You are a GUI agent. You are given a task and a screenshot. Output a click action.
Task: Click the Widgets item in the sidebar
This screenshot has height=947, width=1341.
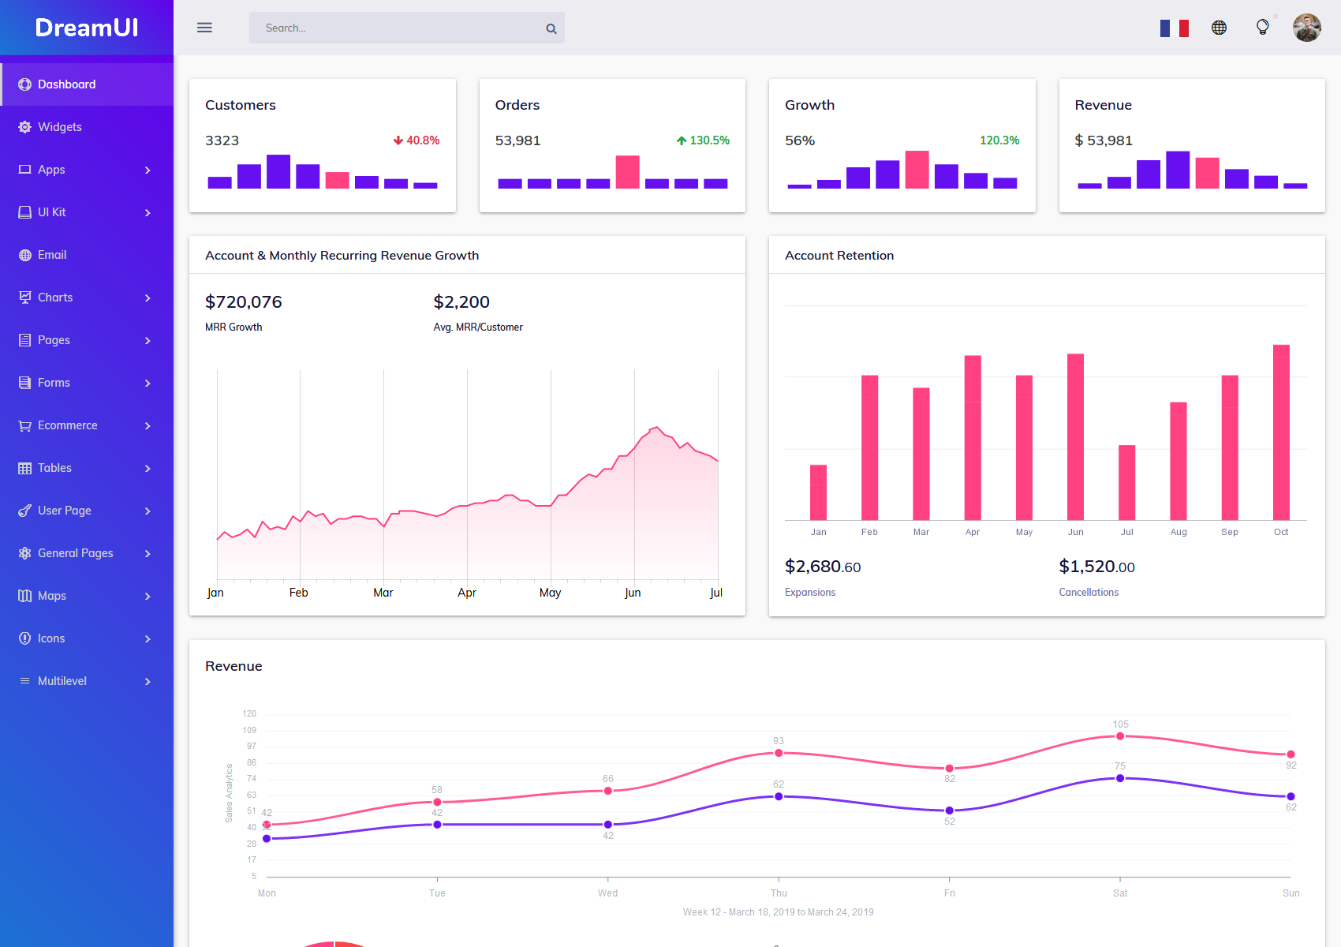pyautogui.click(x=59, y=127)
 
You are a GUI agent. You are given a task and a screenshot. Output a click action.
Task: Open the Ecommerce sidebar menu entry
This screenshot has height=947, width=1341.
pyautogui.click(x=68, y=425)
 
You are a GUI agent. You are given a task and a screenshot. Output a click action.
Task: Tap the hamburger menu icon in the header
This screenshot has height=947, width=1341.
pyautogui.click(x=204, y=28)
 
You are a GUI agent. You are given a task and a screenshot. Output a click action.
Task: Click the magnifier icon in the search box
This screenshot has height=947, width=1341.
pyautogui.click(x=551, y=28)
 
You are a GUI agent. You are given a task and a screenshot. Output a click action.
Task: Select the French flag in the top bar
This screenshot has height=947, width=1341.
pyautogui.click(x=1174, y=28)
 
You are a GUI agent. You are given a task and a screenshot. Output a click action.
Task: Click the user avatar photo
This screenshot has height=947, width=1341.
pyautogui.click(x=1306, y=28)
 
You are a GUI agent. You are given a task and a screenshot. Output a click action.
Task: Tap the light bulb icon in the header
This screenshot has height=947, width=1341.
pyautogui.click(x=1262, y=27)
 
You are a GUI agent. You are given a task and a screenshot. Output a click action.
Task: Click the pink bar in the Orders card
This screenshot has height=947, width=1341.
pyautogui.click(x=627, y=171)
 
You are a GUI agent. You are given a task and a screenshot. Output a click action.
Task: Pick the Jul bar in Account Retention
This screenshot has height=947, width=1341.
pyautogui.click(x=1126, y=482)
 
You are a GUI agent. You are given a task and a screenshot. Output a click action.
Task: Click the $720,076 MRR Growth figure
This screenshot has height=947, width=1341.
pyautogui.click(x=243, y=302)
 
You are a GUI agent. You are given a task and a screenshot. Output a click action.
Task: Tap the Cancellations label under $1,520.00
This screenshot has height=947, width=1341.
pyautogui.click(x=1089, y=593)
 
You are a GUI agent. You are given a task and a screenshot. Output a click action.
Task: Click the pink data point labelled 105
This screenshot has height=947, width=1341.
pyautogui.click(x=1120, y=736)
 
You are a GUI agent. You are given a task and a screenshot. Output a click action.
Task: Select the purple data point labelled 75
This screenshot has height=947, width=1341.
pyautogui.click(x=1120, y=778)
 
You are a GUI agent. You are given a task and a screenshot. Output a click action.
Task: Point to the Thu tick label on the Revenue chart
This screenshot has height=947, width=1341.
pyautogui.click(x=779, y=893)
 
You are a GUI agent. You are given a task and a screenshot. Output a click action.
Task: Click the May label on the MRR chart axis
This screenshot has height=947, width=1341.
pyautogui.click(x=550, y=593)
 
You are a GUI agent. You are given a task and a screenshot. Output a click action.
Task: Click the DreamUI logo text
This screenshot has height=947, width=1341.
pyautogui.click(x=87, y=28)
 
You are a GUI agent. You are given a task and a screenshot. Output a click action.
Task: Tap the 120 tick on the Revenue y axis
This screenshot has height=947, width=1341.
pyautogui.click(x=249, y=713)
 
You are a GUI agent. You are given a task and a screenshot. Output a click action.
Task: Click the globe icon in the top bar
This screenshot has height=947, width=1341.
pyautogui.click(x=1219, y=28)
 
